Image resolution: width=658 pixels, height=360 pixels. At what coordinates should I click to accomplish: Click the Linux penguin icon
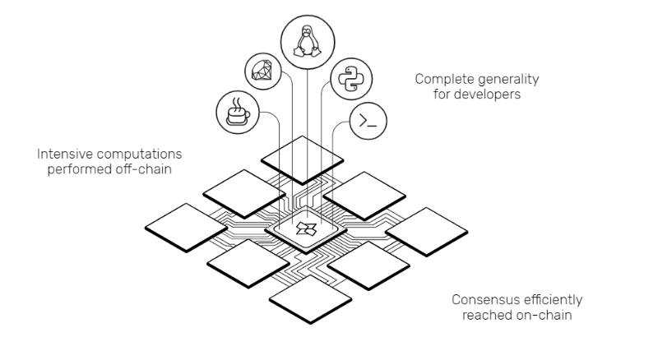(308, 41)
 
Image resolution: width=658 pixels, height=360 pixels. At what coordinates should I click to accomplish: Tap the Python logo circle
(351, 79)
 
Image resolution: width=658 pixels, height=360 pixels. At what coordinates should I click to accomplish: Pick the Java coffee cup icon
(238, 112)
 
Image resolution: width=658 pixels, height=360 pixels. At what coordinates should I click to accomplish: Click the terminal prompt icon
(368, 121)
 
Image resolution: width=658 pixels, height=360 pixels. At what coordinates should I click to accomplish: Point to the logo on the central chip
(306, 228)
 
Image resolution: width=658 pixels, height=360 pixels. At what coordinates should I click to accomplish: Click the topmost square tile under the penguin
(302, 160)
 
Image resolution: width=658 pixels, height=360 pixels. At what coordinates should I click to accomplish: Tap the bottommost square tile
(310, 299)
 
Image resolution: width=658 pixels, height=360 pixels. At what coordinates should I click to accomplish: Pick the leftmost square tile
(186, 228)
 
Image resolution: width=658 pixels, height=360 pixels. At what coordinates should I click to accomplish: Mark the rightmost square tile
(426, 232)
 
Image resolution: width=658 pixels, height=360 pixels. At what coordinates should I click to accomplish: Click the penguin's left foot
(299, 52)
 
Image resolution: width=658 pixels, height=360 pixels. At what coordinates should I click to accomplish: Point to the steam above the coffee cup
(237, 103)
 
